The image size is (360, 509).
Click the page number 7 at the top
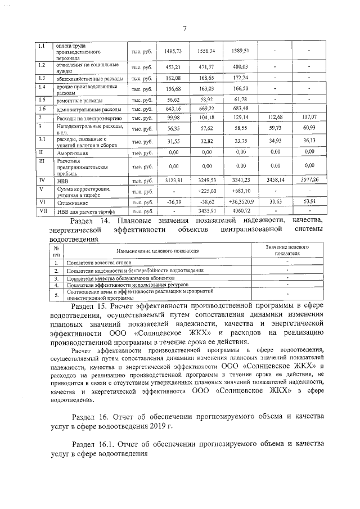[x=184, y=29]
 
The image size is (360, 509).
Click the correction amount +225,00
[x=206, y=191]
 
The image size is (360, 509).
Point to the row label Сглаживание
[x=70, y=202]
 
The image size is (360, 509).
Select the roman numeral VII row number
[x=42, y=211]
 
